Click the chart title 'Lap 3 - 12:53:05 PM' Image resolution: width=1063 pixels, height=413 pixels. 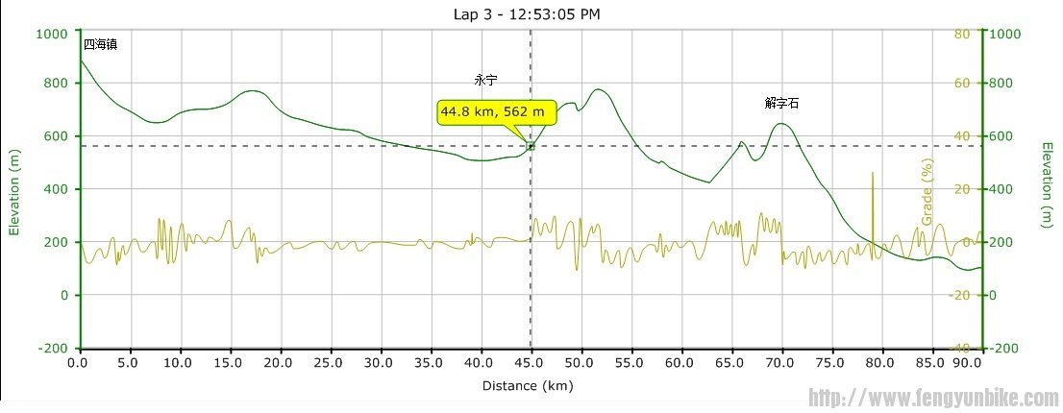click(531, 13)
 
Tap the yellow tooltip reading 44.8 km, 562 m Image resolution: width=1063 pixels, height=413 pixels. click(497, 112)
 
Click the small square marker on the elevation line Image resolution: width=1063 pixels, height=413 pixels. click(531, 146)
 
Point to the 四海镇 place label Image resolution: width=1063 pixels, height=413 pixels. click(100, 44)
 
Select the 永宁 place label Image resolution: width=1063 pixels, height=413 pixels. click(486, 81)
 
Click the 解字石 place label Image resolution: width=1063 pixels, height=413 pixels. click(782, 102)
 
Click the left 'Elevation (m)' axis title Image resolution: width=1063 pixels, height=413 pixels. click(14, 191)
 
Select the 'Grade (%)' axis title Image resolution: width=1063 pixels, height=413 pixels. click(928, 191)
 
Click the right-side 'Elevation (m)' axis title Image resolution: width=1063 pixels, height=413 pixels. click(1047, 185)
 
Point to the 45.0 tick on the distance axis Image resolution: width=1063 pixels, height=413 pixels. click(531, 363)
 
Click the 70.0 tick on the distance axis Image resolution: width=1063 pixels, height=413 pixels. click(781, 363)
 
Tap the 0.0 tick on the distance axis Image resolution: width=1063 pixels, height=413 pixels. click(81, 363)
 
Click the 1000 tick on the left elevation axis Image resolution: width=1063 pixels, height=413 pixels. click(52, 33)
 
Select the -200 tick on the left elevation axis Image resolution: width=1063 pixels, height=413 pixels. click(52, 348)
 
